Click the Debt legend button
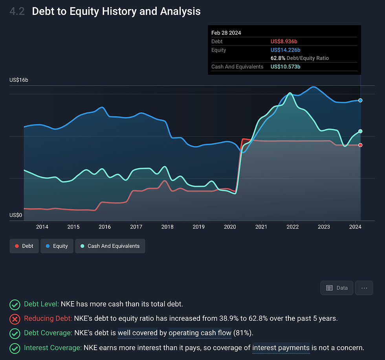point(24,246)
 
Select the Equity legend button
point(57,246)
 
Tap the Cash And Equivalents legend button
point(110,246)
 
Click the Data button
point(337,288)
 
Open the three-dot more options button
point(364,288)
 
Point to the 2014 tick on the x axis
point(42,227)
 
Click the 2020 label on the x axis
point(230,227)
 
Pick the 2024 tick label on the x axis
point(355,227)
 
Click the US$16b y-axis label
point(19,80)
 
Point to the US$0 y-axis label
point(16,215)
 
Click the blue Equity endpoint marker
point(360,101)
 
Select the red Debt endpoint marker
point(360,145)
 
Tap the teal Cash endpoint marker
point(360,131)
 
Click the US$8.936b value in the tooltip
point(286,41)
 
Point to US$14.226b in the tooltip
point(286,50)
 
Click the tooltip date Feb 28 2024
point(226,33)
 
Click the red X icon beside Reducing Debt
point(15,319)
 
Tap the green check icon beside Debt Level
point(15,304)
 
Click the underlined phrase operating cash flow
point(200,333)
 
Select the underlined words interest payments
point(281,348)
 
